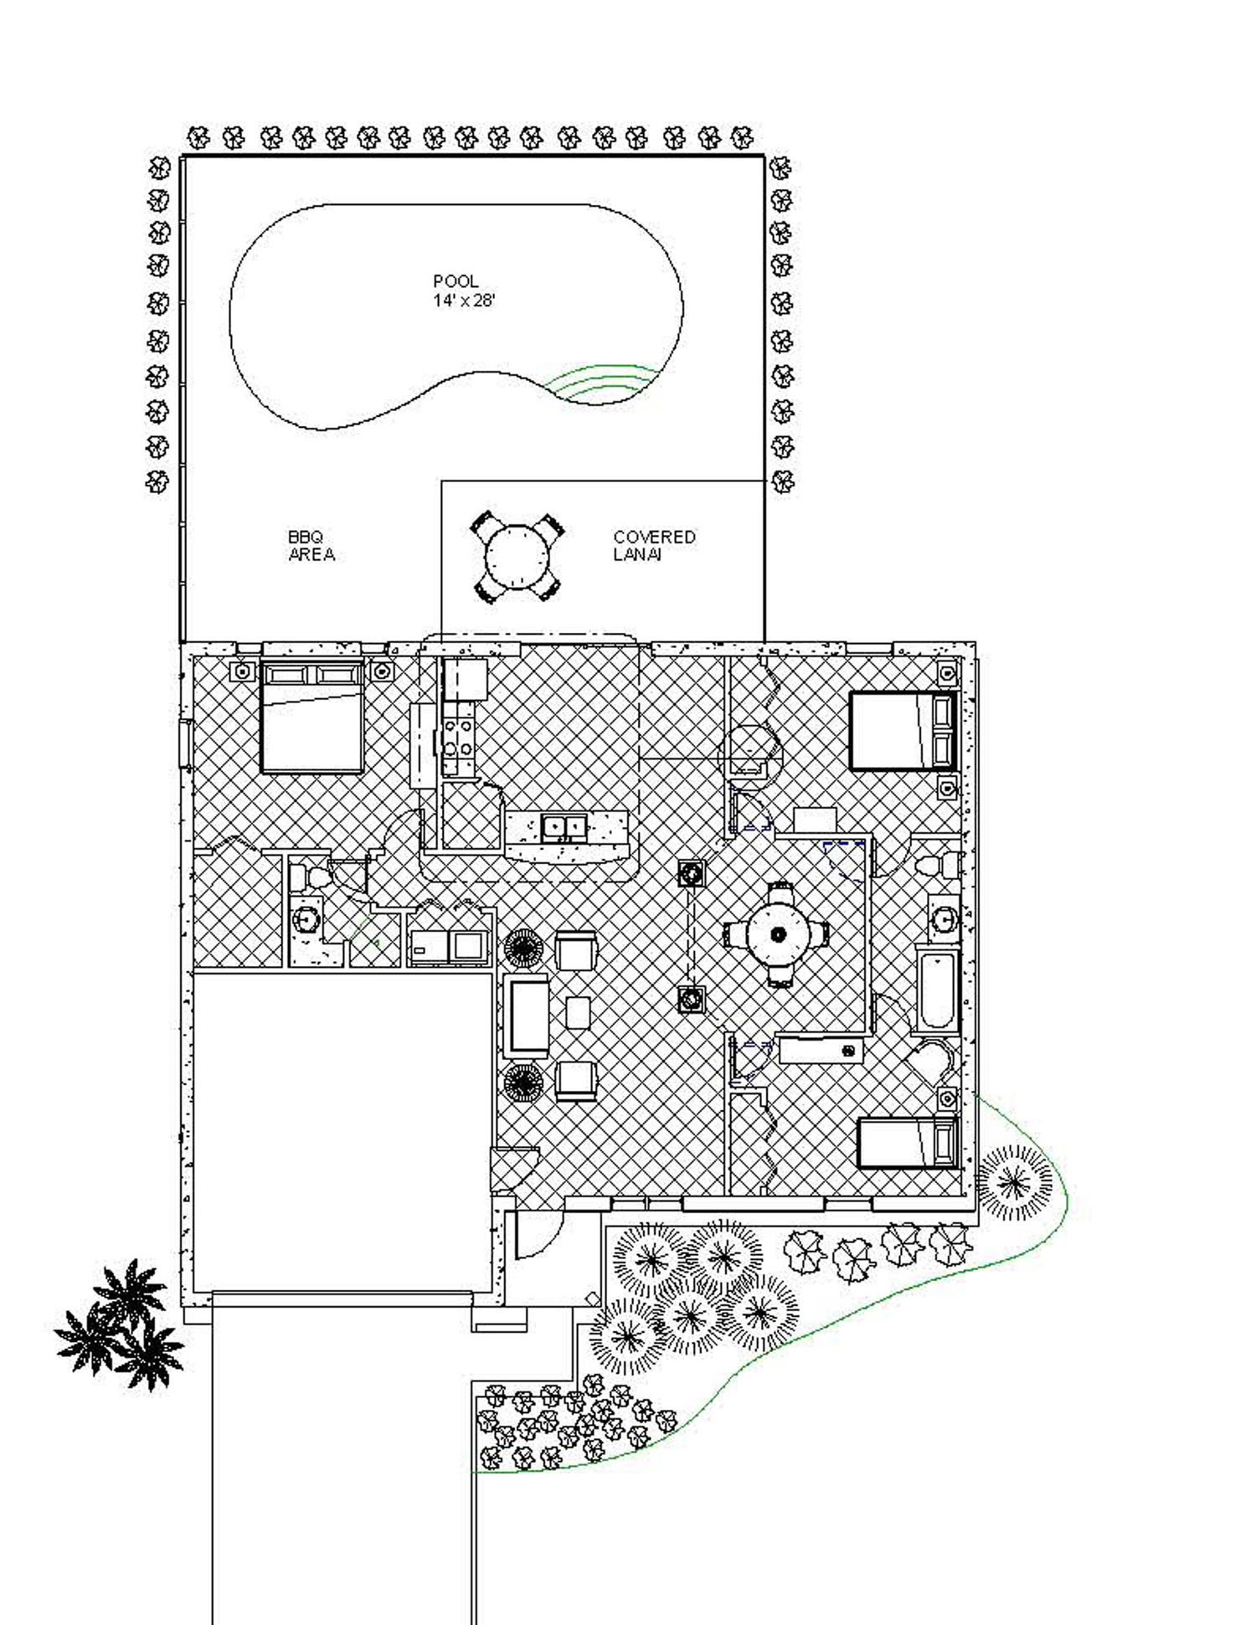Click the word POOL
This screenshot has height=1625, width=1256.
[456, 281]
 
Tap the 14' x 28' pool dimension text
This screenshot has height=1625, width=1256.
[464, 301]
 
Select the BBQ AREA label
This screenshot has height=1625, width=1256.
[311, 546]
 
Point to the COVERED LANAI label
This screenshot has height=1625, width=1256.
[653, 546]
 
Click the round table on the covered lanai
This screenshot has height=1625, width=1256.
[518, 557]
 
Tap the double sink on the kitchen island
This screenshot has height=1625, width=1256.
[564, 828]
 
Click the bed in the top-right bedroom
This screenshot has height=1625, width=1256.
[903, 729]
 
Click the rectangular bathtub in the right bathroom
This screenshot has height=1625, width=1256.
[936, 988]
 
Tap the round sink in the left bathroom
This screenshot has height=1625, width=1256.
[306, 919]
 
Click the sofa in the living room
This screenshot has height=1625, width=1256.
[528, 1015]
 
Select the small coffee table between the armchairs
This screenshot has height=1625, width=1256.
[578, 1012]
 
